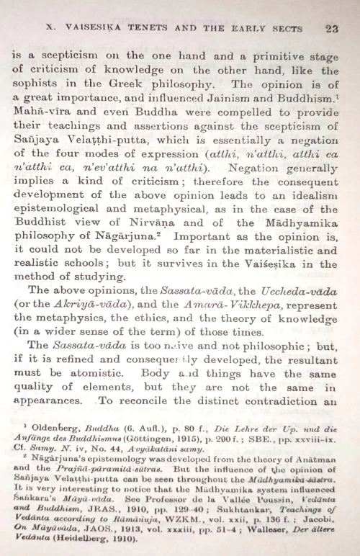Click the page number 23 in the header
[332, 30]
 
